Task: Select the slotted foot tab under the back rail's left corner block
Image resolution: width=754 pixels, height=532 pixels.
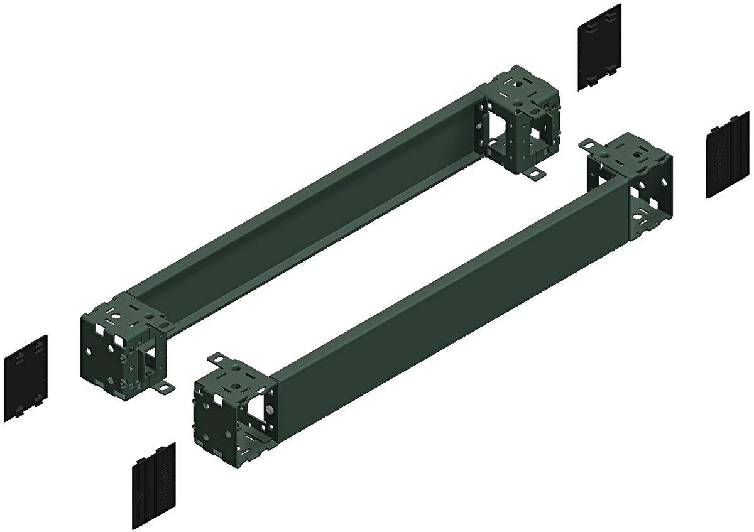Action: (x=165, y=389)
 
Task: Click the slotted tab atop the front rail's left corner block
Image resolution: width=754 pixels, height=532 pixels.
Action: (x=217, y=359)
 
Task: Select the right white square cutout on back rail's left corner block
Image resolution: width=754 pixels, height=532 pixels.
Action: (x=119, y=343)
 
